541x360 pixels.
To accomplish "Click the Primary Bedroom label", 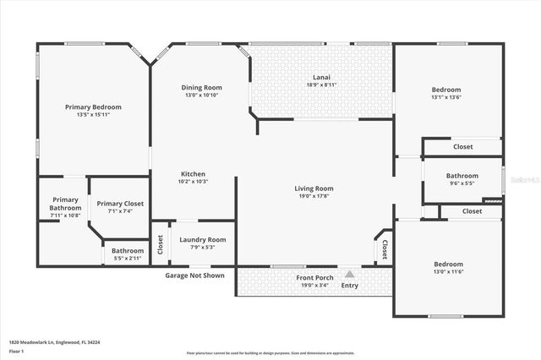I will pos(94,107).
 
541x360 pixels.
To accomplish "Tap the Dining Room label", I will pos(201,87).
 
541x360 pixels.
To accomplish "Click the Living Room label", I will pos(314,188).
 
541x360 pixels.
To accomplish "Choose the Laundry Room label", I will pos(203,240).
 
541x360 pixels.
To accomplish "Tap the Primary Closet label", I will pos(120,204).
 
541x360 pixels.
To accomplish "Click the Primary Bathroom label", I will pos(65,203).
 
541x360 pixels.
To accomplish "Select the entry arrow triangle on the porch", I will pos(349,274).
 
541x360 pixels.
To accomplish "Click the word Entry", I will pos(349,286).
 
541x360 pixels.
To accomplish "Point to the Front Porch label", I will pos(314,278).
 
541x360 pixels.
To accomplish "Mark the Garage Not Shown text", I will pos(194,275).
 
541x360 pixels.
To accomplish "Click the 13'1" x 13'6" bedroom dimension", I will pos(446,97).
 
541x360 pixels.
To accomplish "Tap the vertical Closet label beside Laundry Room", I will pos(161,244).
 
